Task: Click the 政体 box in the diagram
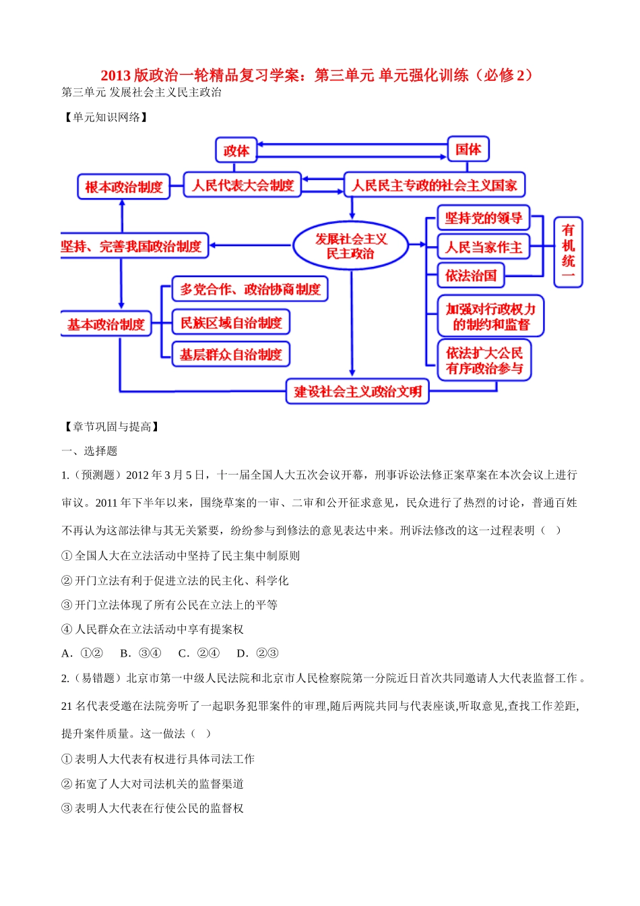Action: pos(236,151)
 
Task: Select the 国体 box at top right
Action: pos(468,150)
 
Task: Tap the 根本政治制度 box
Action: pos(124,187)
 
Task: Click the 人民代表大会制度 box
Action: pos(243,185)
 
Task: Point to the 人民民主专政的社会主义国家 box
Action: pos(435,185)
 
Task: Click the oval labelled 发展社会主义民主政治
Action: pos(350,246)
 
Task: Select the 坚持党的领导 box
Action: pos(483,218)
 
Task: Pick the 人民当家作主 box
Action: pos(483,247)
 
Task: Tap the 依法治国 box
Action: pos(471,276)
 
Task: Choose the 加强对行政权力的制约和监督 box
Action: pos(490,316)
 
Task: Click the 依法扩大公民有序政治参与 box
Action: pos(484,361)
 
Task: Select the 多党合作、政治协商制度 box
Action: pos(250,289)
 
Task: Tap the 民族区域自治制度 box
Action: pos(231,323)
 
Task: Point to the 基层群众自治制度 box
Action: pos(231,355)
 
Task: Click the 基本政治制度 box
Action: pos(106,324)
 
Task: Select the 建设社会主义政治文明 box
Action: pos(358,392)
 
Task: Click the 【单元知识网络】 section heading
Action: pos(106,117)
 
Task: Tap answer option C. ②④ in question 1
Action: pos(199,653)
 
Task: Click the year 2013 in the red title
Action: pos(116,75)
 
